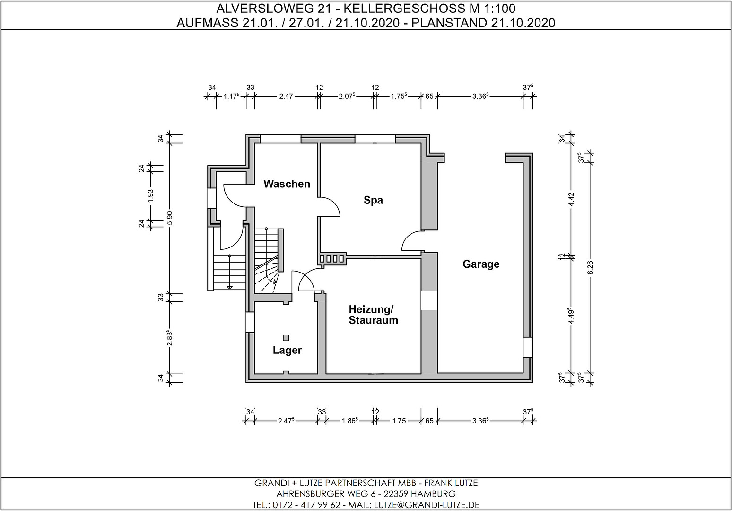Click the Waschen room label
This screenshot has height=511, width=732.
pyautogui.click(x=287, y=184)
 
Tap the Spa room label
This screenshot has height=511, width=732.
pyautogui.click(x=373, y=200)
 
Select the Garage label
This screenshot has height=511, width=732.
pyautogui.click(x=481, y=264)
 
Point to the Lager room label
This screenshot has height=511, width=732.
pyautogui.click(x=287, y=350)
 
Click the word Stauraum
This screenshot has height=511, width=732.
pyautogui.click(x=373, y=320)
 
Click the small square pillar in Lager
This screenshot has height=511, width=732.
pyautogui.click(x=286, y=338)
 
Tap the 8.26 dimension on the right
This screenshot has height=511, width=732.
pyautogui.click(x=590, y=268)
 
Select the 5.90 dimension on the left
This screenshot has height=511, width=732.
pyautogui.click(x=170, y=218)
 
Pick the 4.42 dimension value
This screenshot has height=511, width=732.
pyautogui.click(x=571, y=199)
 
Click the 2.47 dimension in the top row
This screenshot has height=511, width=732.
pyautogui.click(x=286, y=97)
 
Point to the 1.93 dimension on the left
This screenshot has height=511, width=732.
pyautogui.click(x=151, y=195)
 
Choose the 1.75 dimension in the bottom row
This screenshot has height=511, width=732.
pyautogui.click(x=399, y=421)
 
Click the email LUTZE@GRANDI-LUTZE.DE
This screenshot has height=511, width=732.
pyautogui.click(x=427, y=505)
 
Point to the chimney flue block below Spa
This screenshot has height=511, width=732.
pyautogui.click(x=333, y=259)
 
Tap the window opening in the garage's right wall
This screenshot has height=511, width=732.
pyautogui.click(x=528, y=347)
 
